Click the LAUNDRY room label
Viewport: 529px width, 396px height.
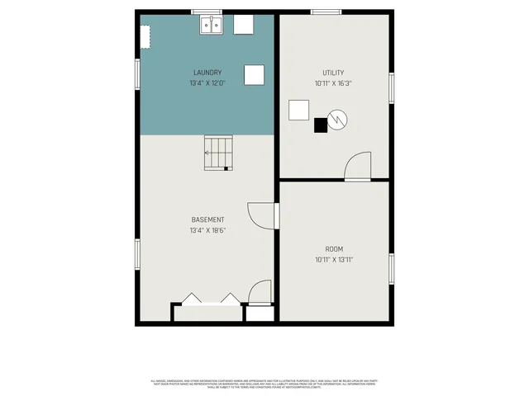coord(207,73)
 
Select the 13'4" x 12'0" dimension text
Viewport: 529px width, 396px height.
coord(207,83)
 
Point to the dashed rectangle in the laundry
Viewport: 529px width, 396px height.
coord(145,38)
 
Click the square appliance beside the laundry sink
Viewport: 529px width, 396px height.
coord(244,25)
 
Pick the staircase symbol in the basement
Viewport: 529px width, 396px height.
coord(219,153)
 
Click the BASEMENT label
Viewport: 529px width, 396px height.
coord(207,219)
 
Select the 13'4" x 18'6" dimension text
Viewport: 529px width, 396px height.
coord(207,230)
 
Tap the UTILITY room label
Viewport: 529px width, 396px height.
coord(333,73)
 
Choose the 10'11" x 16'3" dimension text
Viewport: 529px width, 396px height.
coord(333,83)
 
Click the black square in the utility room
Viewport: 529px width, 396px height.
coord(321,125)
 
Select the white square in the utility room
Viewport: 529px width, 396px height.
coord(298,110)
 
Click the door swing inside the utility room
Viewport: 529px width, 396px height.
coord(357,167)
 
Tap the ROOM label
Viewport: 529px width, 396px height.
coord(333,248)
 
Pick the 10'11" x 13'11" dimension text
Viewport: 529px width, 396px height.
coord(333,259)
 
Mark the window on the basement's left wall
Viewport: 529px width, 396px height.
coord(137,252)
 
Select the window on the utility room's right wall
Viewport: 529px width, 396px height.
coord(392,87)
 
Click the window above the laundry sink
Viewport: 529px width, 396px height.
coord(207,12)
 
